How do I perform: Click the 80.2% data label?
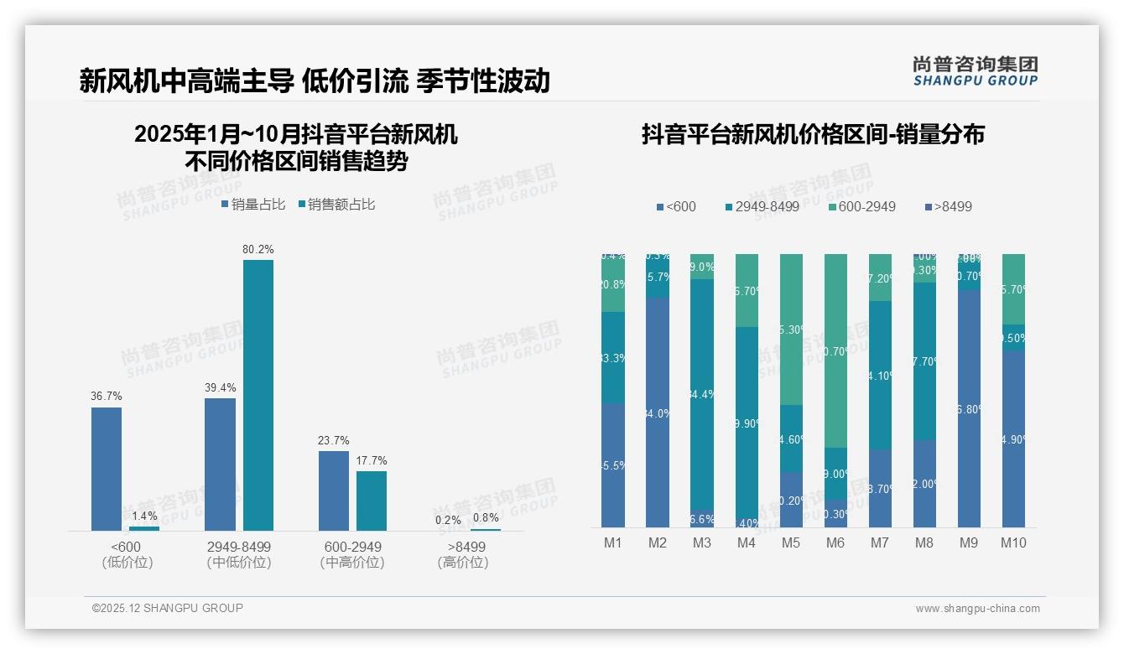tap(258, 249)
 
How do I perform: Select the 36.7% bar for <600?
tap(107, 469)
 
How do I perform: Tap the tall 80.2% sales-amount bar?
tap(258, 394)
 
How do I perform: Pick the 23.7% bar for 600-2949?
tap(334, 490)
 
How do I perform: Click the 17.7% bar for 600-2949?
tap(372, 501)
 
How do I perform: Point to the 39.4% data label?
tap(220, 387)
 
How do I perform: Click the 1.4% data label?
tap(144, 516)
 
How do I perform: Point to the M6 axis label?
tap(835, 542)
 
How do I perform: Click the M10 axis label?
tap(1013, 542)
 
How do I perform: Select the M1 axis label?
tap(613, 542)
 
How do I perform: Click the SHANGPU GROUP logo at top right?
tap(975, 71)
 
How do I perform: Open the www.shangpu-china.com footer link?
tap(977, 609)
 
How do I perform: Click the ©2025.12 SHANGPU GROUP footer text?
tap(168, 608)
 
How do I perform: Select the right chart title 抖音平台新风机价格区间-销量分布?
tap(813, 134)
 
